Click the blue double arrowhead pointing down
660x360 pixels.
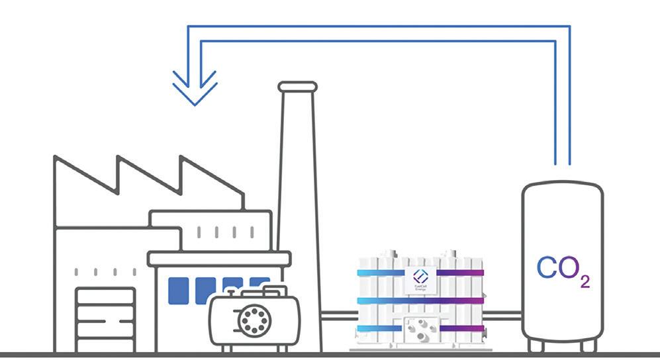coord(195,87)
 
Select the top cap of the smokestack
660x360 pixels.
coord(297,87)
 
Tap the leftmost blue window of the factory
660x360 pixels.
coord(179,290)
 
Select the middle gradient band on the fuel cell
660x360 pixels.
coord(420,301)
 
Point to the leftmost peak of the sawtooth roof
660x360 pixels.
coord(55,159)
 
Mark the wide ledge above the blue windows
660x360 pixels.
coord(218,259)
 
